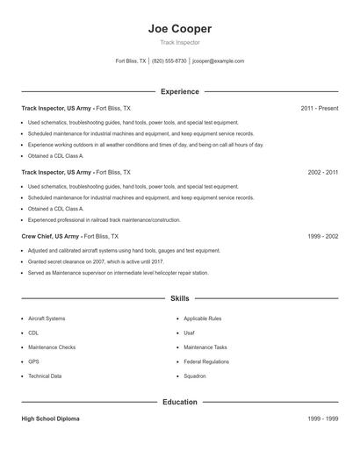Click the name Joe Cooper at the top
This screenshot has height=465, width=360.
(179, 28)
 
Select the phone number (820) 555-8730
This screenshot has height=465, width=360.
(169, 61)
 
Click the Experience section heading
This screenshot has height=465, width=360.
(179, 91)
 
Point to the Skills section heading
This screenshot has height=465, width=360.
(179, 299)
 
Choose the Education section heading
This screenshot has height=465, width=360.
(179, 402)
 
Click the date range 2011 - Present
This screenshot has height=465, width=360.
(319, 108)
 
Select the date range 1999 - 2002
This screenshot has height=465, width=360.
(323, 237)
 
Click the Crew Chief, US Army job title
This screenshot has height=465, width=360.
(51, 237)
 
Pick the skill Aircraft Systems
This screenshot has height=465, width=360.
(47, 318)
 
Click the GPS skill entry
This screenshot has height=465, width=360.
(33, 361)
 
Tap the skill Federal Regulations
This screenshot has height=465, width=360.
(206, 361)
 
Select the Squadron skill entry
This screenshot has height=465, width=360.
(195, 376)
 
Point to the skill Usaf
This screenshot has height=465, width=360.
(190, 333)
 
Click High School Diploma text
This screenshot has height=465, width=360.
(50, 419)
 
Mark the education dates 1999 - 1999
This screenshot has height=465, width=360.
(323, 419)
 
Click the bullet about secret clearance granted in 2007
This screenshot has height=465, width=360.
(96, 261)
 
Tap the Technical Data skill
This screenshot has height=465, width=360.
(45, 376)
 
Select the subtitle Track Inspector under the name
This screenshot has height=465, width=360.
(179, 42)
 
